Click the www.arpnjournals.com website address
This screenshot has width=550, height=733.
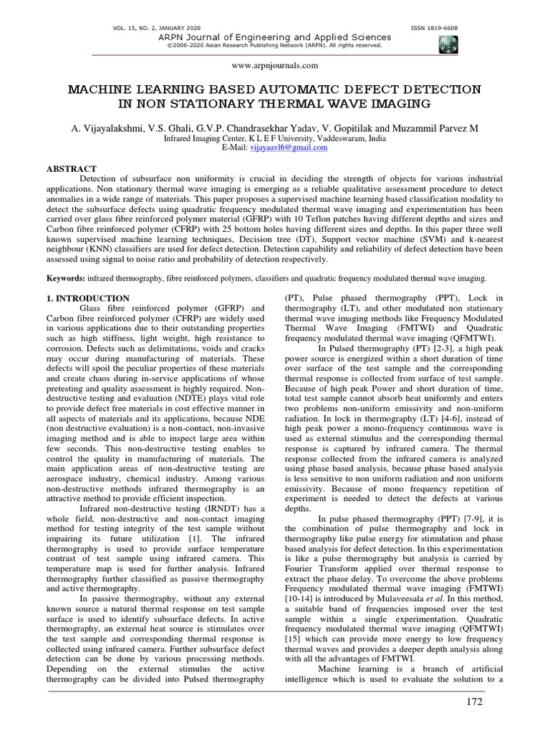[x=275, y=65]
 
